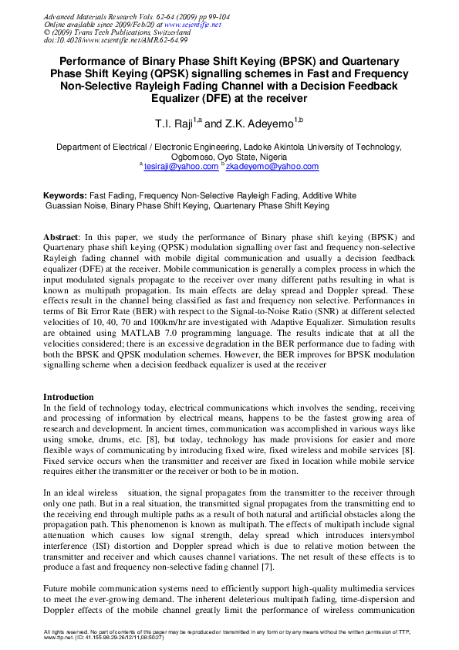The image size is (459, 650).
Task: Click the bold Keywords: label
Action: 65,196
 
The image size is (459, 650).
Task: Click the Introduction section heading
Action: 68,397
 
